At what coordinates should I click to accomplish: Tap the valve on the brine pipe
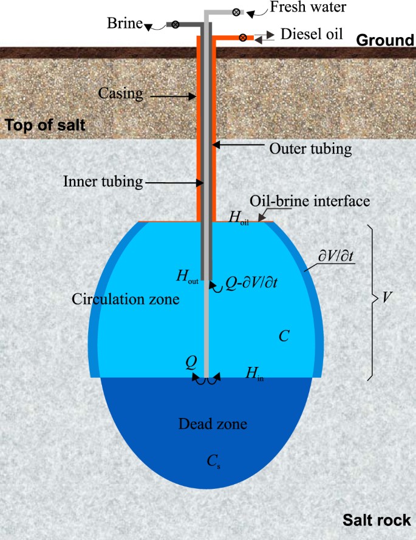pyautogui.click(x=175, y=24)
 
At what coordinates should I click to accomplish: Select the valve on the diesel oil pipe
pyautogui.click(x=242, y=37)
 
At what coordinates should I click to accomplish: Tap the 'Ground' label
pyautogui.click(x=384, y=41)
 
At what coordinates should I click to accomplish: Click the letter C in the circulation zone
pyautogui.click(x=283, y=336)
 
